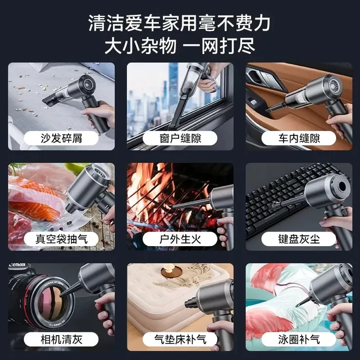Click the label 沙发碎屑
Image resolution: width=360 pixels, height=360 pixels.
[61, 139]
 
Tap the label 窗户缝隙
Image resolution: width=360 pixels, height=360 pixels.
[180, 139]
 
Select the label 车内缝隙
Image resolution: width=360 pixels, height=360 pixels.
[299, 139]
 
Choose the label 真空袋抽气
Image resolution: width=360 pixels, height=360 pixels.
[61, 239]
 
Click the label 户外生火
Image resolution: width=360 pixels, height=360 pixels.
[180, 239]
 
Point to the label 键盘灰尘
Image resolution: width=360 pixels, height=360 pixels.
[299, 239]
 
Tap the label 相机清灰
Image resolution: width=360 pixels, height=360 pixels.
[61, 339]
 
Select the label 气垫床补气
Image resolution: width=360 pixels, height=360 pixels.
[180, 339]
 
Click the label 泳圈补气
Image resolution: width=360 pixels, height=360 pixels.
[299, 339]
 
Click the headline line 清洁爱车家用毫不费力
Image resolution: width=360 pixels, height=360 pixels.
[180, 23]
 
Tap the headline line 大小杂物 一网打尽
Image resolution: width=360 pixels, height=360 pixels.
[180, 46]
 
